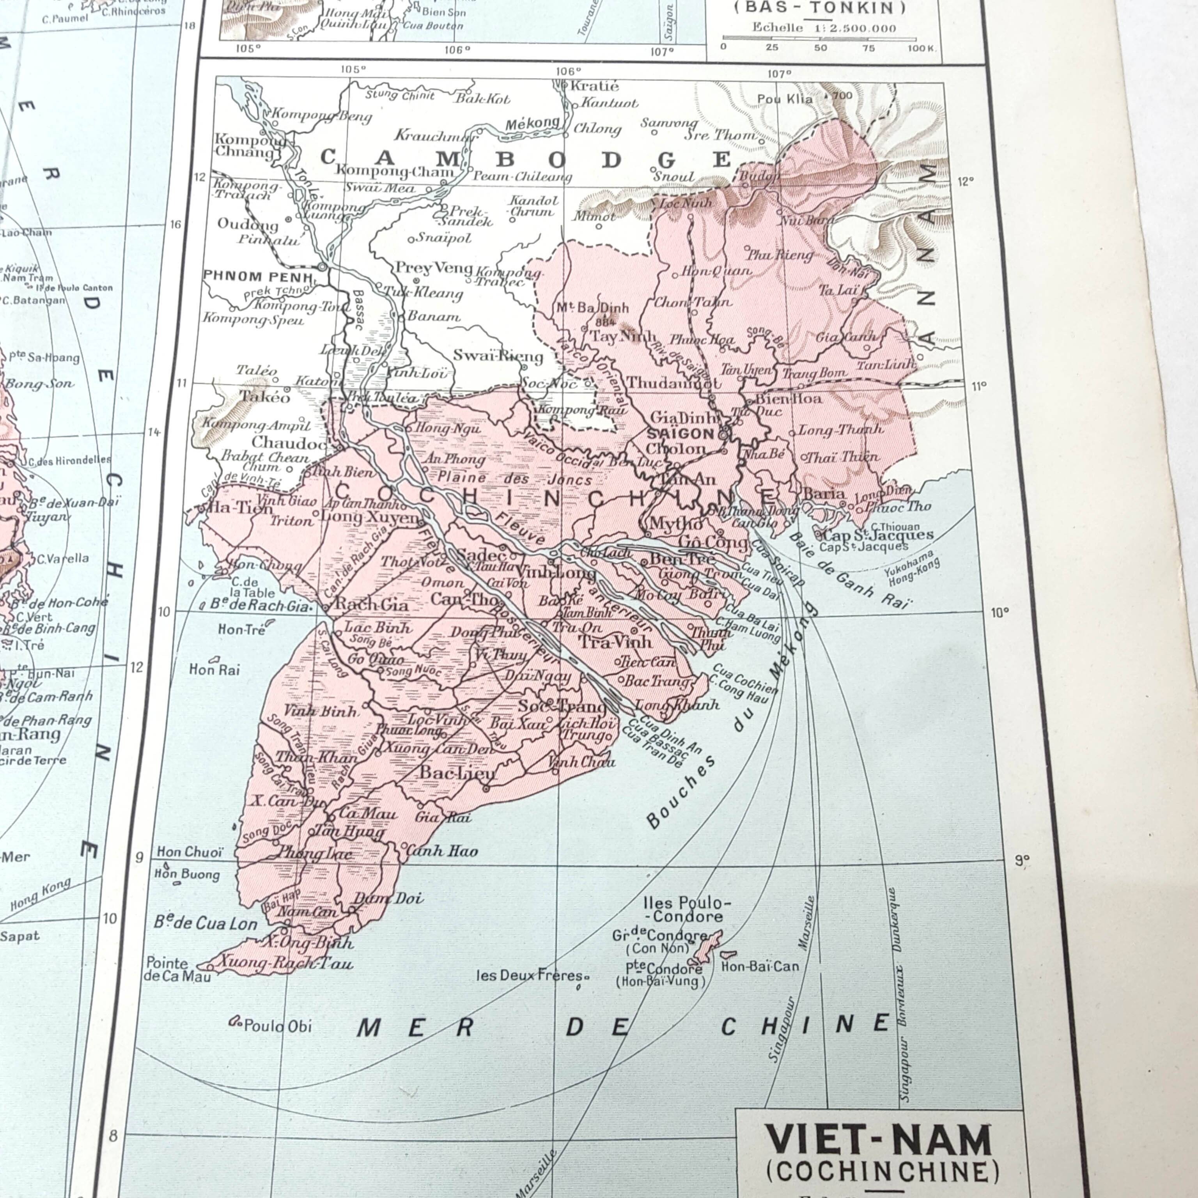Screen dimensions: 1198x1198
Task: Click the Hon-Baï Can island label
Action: [x=760, y=966]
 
